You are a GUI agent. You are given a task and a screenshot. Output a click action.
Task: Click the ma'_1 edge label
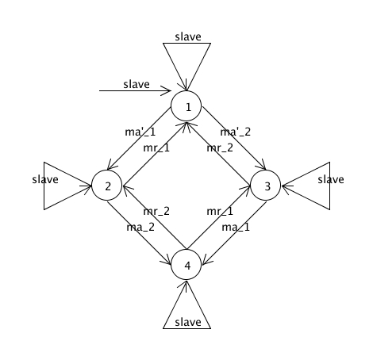[x=140, y=132]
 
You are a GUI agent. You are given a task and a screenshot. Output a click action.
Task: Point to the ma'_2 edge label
[x=236, y=132]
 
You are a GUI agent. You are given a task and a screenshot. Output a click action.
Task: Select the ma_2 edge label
[x=140, y=227]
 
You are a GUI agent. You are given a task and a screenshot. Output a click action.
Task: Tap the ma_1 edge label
[x=236, y=227]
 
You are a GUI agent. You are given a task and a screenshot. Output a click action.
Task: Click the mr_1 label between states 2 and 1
[x=156, y=148]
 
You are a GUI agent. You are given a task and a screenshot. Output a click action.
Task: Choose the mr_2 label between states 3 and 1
[x=220, y=148]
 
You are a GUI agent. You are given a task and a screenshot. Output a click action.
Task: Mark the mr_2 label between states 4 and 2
[x=156, y=212]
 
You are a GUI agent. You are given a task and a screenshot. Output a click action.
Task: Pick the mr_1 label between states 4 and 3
[x=220, y=212]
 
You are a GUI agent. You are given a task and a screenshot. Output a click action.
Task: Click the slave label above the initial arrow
[x=137, y=84]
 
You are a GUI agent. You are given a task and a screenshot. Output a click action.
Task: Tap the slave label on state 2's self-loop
[x=45, y=179]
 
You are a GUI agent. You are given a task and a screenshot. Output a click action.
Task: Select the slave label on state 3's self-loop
[x=331, y=179]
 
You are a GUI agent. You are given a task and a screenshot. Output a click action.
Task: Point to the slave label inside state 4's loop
[x=188, y=322]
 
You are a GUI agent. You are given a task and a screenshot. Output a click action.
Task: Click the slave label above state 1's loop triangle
[x=188, y=36]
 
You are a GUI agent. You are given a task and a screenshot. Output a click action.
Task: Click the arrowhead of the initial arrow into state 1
[x=168, y=90]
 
